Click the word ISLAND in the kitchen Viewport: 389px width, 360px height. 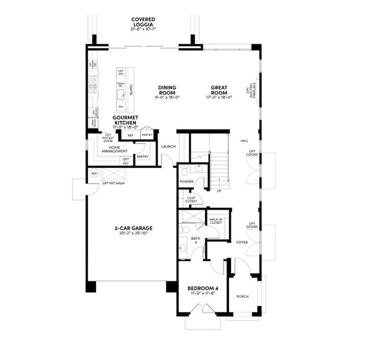click(131, 91)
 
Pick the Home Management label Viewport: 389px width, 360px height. click(119, 150)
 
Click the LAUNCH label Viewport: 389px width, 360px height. click(168, 146)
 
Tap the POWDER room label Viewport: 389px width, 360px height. click(186, 182)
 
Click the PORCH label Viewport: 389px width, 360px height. click(243, 296)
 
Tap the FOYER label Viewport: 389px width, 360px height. click(242, 242)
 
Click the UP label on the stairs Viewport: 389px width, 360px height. click(219, 190)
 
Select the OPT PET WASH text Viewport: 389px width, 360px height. click(114, 183)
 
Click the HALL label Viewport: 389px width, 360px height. click(244, 140)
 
